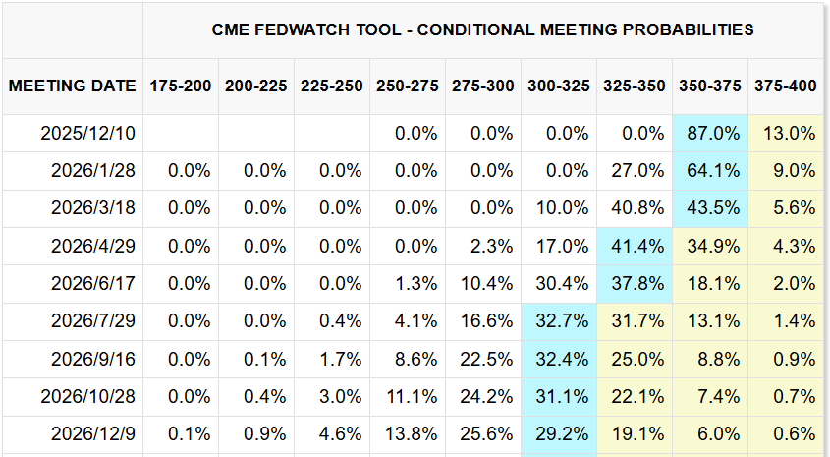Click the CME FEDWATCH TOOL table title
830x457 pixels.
click(483, 29)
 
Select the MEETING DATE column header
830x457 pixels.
click(72, 86)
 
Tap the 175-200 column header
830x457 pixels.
click(181, 86)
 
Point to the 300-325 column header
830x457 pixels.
click(559, 86)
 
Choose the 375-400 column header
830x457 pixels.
click(786, 86)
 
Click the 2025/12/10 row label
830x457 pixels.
click(89, 133)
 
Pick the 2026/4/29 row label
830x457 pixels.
click(93, 246)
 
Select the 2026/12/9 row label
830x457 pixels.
click(93, 433)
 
